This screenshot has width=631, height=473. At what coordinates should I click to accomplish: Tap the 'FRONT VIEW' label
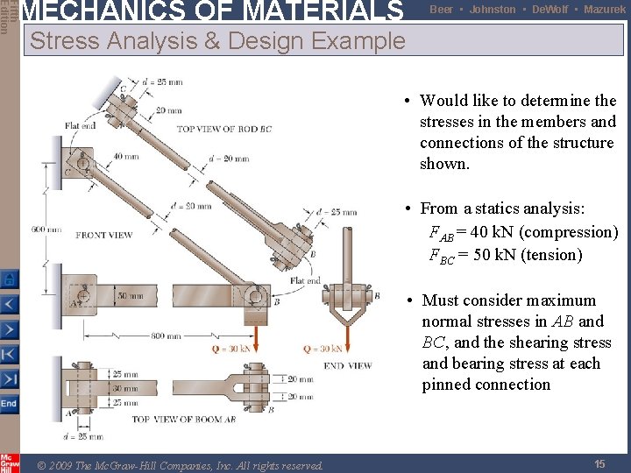tap(104, 235)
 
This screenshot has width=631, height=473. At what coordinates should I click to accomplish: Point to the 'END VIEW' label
tap(347, 365)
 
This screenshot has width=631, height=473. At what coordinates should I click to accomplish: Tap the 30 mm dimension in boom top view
tap(124, 388)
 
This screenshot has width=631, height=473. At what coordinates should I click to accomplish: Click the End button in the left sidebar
tap(9, 404)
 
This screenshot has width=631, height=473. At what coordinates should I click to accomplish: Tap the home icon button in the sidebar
tap(9, 279)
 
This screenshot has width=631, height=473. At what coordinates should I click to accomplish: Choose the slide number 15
tap(599, 463)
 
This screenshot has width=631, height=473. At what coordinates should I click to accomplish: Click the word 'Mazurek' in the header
tap(606, 9)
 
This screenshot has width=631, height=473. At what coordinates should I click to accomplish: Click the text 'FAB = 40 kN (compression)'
tap(523, 232)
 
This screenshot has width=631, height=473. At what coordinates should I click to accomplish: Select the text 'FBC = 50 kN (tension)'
tap(505, 255)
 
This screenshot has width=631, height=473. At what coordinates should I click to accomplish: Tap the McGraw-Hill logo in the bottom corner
tap(10, 462)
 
